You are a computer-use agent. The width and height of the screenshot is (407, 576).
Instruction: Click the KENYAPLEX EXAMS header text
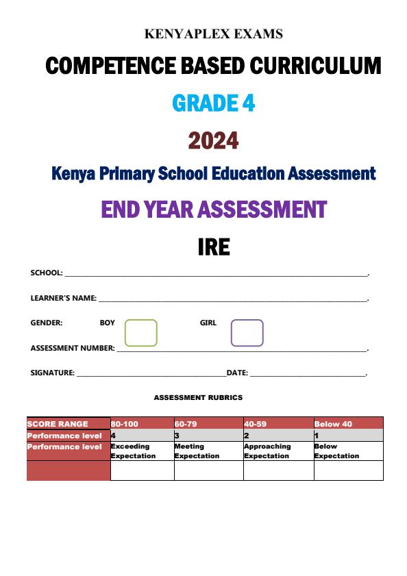coord(214,34)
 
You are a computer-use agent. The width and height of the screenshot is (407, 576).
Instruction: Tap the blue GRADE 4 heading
coord(214,103)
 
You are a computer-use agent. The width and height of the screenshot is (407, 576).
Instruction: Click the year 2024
coord(214,140)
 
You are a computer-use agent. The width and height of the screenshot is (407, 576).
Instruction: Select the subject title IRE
coord(214,247)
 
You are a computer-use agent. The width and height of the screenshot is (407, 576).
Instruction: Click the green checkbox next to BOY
coord(140,333)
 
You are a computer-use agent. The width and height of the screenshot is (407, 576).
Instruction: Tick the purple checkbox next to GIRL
coord(247,333)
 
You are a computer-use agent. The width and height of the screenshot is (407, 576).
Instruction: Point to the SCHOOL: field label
coord(47,273)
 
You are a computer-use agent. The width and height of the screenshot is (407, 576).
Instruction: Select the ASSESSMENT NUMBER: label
coord(73,348)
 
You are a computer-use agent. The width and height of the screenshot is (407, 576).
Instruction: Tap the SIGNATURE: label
coord(52,373)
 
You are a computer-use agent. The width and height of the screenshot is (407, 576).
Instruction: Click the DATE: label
coord(237,373)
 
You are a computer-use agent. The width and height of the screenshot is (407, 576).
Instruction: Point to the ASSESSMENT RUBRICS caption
coord(198,397)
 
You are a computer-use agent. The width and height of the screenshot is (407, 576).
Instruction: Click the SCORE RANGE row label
coord(58,424)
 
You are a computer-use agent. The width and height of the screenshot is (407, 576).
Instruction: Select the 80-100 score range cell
coord(125,424)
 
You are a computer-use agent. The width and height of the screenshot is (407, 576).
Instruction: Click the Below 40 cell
coord(333,424)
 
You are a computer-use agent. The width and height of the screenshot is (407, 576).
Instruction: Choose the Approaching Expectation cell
coord(267,451)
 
